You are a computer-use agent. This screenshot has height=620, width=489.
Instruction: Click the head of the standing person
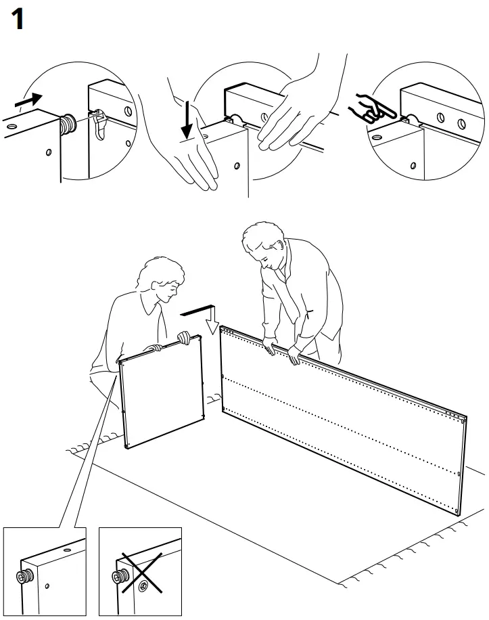pos(262,247)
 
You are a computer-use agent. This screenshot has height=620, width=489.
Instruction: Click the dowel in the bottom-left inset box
pos(24,577)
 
